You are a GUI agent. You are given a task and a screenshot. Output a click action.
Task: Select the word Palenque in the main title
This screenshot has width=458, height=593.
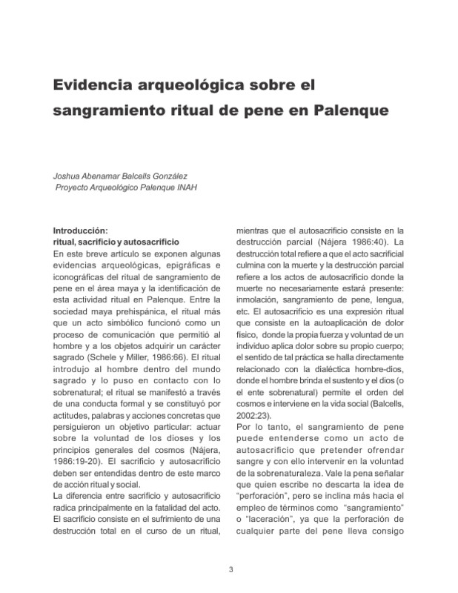(x=352, y=113)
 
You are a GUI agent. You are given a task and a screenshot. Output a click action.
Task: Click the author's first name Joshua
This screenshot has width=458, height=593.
(x=66, y=176)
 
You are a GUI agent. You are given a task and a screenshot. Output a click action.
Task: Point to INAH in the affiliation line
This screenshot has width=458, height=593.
(x=186, y=187)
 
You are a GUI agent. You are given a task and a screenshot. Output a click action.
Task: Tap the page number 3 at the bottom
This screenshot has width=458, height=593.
(x=229, y=569)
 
